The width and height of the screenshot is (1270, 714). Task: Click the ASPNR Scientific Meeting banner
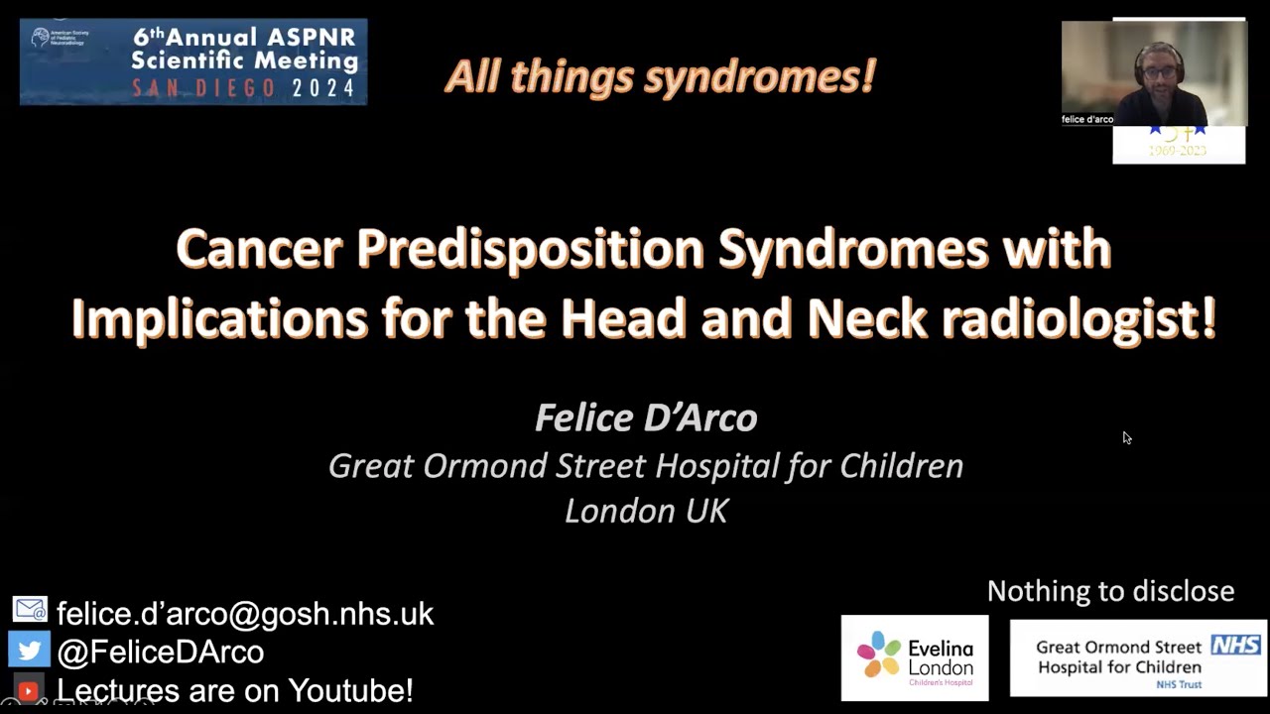tap(193, 61)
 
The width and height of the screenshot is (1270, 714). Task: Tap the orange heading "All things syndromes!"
tap(660, 76)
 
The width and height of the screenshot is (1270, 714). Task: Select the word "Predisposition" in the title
tap(530, 248)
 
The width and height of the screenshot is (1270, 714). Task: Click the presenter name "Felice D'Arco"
tap(646, 417)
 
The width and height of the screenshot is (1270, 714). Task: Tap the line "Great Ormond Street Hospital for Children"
tap(646, 465)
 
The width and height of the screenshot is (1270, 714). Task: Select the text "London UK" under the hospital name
tap(646, 510)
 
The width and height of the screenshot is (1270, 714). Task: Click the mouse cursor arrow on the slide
tap(1126, 437)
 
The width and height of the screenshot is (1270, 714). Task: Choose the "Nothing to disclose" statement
tap(1110, 591)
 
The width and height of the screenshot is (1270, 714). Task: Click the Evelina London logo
tap(915, 658)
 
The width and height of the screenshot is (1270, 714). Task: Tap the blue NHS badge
tap(1235, 646)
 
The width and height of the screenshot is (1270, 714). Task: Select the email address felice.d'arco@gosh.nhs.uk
tap(245, 614)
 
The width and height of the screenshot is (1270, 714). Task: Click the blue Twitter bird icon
tap(29, 650)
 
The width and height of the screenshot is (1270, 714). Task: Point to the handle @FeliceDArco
tap(160, 652)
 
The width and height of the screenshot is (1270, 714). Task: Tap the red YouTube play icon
tap(28, 690)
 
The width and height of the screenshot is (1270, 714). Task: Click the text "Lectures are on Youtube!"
tap(234, 690)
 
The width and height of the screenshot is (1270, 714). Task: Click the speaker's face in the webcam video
tap(1158, 72)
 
